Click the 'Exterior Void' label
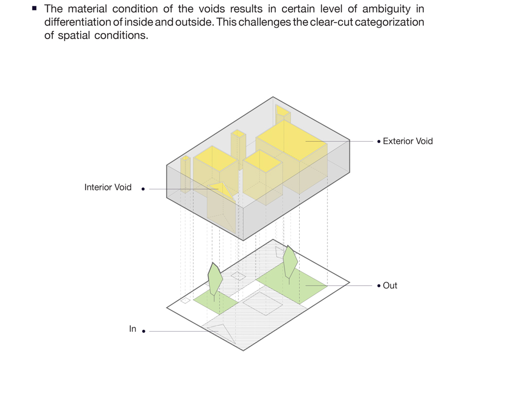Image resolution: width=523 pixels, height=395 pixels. (x=407, y=141)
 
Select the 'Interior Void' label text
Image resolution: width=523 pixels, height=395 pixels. (x=108, y=187)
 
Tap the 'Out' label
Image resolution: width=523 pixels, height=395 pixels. (x=390, y=286)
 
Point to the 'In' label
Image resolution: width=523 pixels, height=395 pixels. (x=132, y=329)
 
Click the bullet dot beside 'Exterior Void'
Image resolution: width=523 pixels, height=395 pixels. (x=379, y=142)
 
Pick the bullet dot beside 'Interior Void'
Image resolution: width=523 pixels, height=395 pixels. (x=143, y=189)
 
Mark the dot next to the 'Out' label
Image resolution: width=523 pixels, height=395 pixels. (x=379, y=286)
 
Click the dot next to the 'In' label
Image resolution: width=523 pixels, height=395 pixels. (x=143, y=331)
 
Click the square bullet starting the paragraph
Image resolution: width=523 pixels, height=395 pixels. (x=34, y=8)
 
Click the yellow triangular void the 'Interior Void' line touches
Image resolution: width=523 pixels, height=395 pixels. (x=221, y=190)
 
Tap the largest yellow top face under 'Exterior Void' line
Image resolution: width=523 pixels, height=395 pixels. (x=291, y=140)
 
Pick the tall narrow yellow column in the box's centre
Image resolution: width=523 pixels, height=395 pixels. (x=238, y=149)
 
